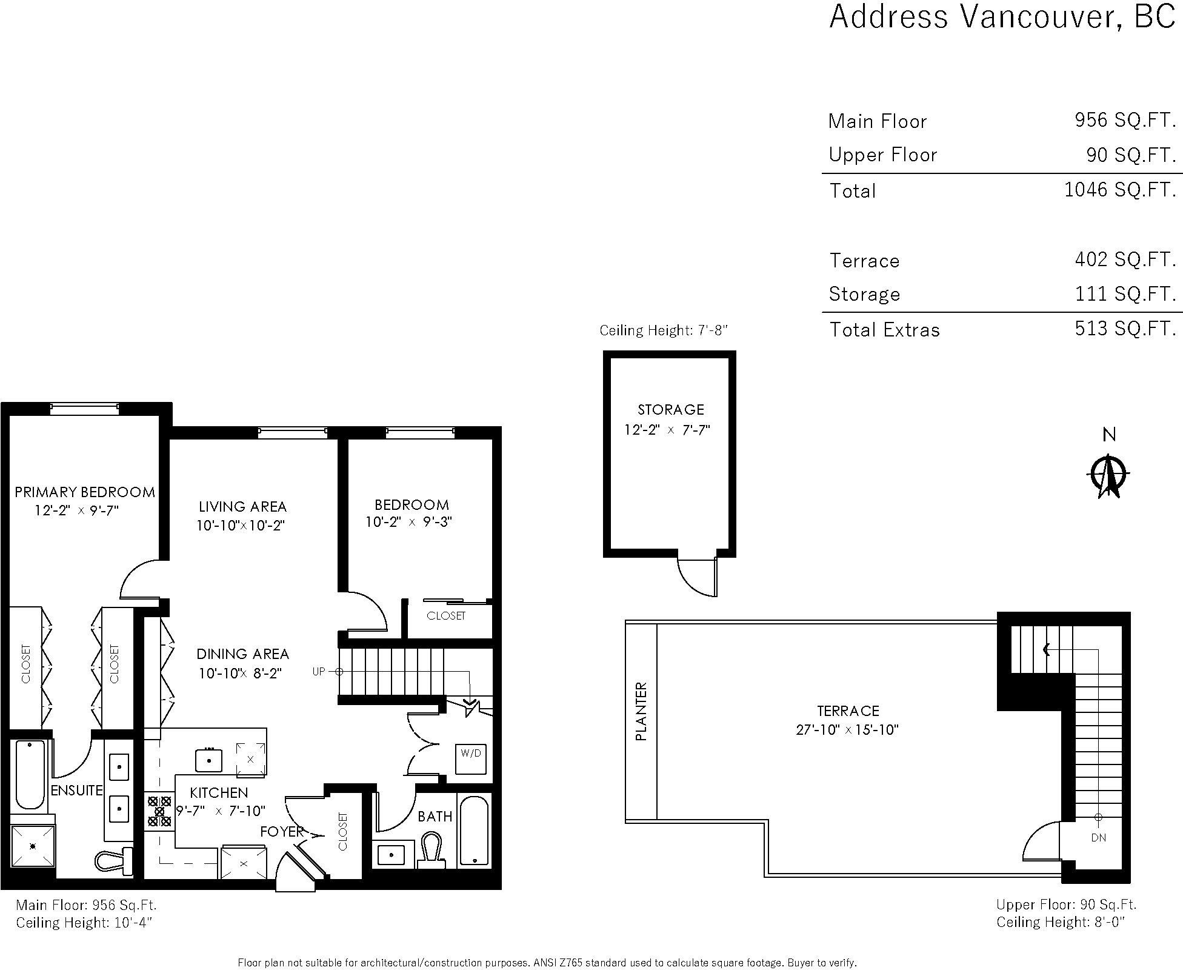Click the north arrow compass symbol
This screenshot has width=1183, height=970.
click(x=1108, y=475)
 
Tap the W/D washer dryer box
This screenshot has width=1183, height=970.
click(x=471, y=758)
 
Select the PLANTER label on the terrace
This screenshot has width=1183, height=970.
click(x=641, y=711)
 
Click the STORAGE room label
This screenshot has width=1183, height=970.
click(x=671, y=410)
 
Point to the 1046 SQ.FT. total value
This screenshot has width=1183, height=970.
click(x=1120, y=190)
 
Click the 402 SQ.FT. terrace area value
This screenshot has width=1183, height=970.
click(x=1125, y=259)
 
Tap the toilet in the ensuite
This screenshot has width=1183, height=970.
click(x=115, y=860)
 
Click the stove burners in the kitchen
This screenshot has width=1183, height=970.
click(x=159, y=811)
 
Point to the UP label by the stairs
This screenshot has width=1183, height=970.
click(x=319, y=671)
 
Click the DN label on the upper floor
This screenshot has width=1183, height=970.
click(x=1098, y=837)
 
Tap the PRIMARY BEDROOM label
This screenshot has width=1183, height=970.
click(x=85, y=492)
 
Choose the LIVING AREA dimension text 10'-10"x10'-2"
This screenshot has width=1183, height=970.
click(x=241, y=525)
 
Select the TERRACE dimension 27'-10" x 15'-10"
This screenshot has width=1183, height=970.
click(x=847, y=729)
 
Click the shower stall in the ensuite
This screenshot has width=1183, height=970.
click(x=33, y=846)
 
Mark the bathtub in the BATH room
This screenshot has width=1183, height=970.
click(x=473, y=831)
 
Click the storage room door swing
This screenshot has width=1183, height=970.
click(x=697, y=577)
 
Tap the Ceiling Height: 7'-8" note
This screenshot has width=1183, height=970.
click(x=663, y=330)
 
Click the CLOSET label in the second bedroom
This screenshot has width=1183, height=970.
click(x=446, y=616)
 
